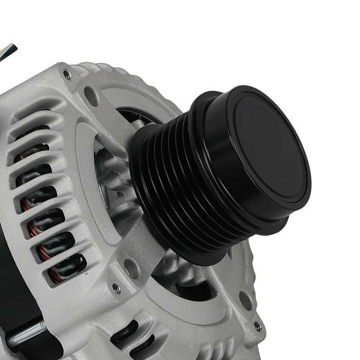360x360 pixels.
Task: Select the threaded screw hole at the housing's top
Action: pyautogui.click(x=67, y=75)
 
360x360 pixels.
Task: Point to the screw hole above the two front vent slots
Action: pyautogui.click(x=116, y=289)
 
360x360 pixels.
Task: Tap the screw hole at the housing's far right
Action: pyautogui.click(x=257, y=327)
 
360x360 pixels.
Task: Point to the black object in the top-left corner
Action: pyautogui.click(x=7, y=51)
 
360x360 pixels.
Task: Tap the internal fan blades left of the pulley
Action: pyautogui.click(x=114, y=180)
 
